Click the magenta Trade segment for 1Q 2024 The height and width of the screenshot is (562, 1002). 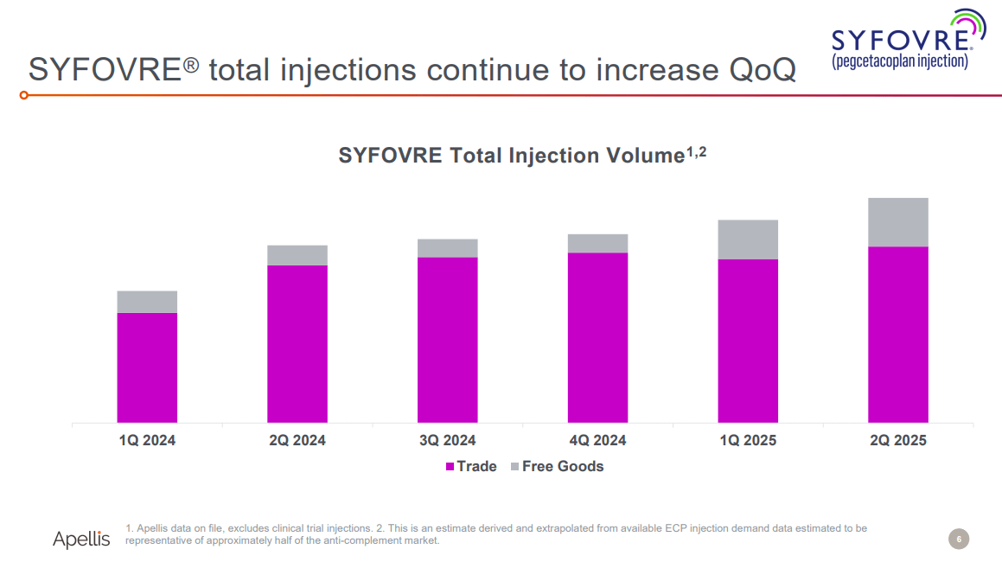[x=147, y=367]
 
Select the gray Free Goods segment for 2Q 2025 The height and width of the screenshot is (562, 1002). [x=897, y=222]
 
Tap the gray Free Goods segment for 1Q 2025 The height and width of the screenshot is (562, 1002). [x=748, y=239]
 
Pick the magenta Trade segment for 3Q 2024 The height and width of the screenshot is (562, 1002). [x=448, y=340]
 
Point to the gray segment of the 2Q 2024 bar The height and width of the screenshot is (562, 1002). [x=297, y=255]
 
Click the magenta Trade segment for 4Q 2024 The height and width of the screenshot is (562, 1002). [x=597, y=337]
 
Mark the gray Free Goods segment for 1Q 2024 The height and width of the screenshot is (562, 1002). [x=147, y=302]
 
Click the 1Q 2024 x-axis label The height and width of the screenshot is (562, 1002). [x=147, y=440]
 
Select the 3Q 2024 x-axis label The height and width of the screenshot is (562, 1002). [x=448, y=440]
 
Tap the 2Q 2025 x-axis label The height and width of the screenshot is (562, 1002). [x=897, y=440]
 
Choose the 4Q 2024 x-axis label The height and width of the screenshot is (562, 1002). [x=597, y=440]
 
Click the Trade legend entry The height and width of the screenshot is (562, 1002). [x=471, y=466]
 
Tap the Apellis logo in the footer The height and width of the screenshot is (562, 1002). [x=81, y=540]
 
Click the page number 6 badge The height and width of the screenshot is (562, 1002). [x=959, y=540]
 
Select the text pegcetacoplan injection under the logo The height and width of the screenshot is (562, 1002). [x=900, y=62]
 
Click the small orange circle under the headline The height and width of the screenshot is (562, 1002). [x=25, y=94]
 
